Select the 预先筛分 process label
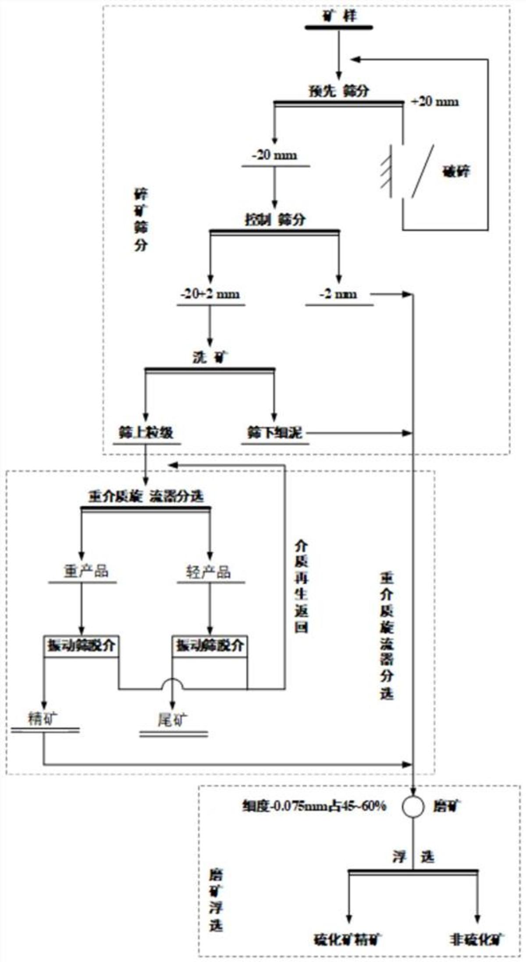click(x=338, y=91)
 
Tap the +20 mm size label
click(x=435, y=102)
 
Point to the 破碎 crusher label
click(x=455, y=171)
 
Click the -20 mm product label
click(x=274, y=155)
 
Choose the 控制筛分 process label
click(x=274, y=219)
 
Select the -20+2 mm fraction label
click(x=210, y=294)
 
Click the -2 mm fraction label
click(x=338, y=294)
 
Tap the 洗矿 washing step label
click(x=210, y=358)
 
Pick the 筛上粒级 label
click(x=146, y=433)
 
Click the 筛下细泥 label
click(x=274, y=433)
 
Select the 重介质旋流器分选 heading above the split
click(x=146, y=496)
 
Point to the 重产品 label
click(x=85, y=571)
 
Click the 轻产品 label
click(x=208, y=571)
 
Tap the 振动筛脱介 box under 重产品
click(x=81, y=645)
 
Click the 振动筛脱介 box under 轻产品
click(x=210, y=645)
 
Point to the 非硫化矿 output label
click(x=477, y=940)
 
